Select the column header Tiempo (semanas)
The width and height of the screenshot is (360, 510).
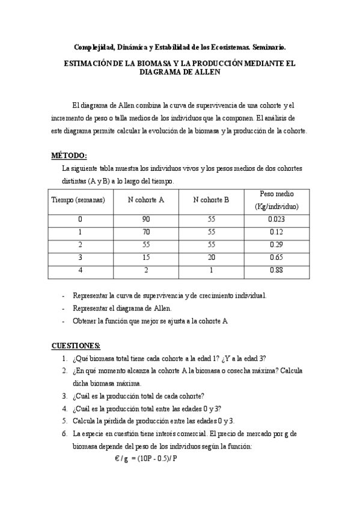click(79, 200)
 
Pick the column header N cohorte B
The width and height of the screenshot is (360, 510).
click(211, 200)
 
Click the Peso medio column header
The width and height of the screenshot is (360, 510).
click(276, 200)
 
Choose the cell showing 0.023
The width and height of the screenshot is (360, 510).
click(276, 220)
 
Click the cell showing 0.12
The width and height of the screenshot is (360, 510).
click(276, 232)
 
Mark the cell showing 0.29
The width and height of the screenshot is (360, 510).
click(276, 245)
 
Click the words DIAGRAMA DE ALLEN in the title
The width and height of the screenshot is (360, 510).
click(180, 72)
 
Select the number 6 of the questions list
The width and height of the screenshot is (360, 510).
click(64, 433)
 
